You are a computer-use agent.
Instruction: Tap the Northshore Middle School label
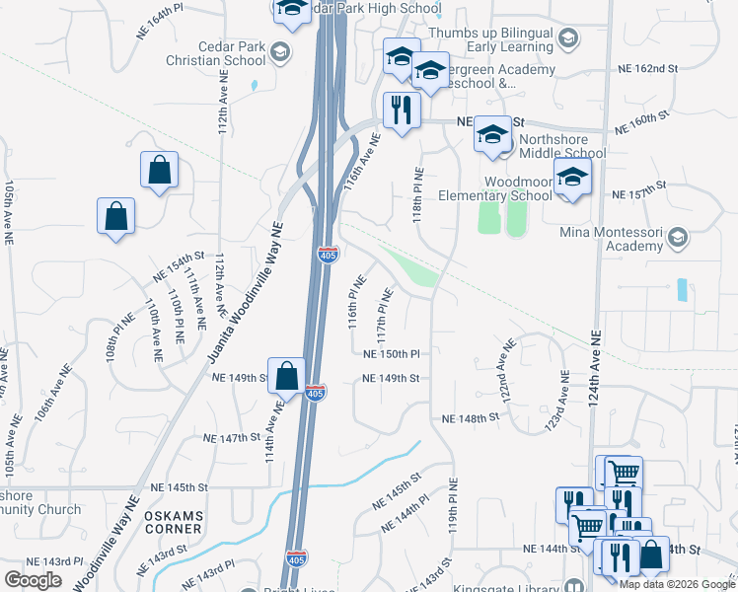pyautogui.click(x=561, y=146)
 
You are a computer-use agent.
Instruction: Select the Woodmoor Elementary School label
pyautogui.click(x=518, y=188)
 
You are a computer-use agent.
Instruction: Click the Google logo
pyautogui.click(x=34, y=579)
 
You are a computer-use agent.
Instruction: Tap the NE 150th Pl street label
pyautogui.click(x=392, y=353)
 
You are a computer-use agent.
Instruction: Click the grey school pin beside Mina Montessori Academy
pyautogui.click(x=678, y=238)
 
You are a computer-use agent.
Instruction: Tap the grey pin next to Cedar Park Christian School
pyautogui.click(x=280, y=51)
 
